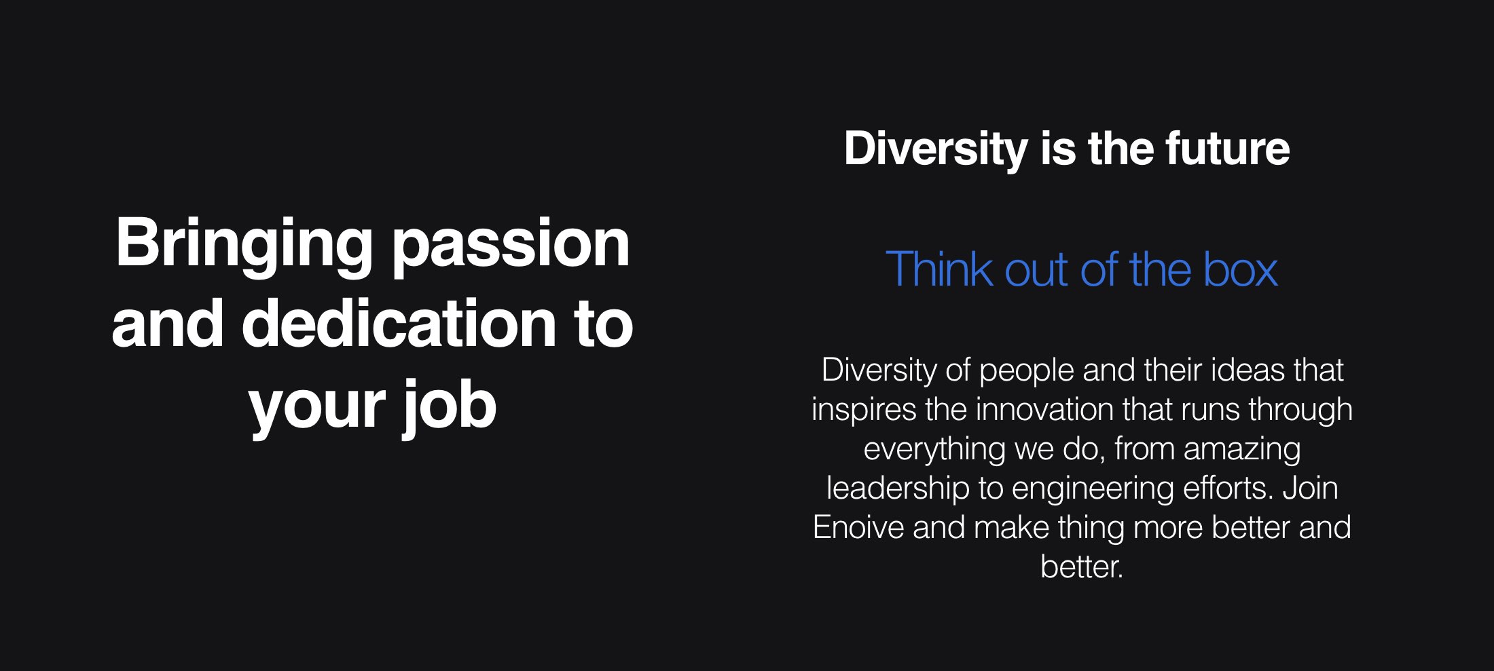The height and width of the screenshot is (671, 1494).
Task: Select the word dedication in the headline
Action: point(398,324)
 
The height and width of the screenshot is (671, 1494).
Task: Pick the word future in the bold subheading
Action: point(1228,149)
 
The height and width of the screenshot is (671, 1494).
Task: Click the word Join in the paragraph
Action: point(1310,488)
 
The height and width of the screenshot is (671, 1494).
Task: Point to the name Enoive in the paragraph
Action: point(858,528)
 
